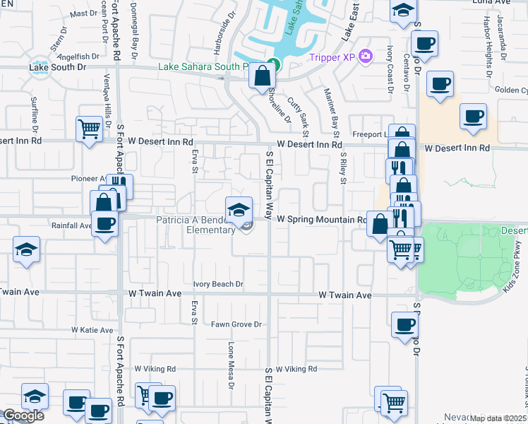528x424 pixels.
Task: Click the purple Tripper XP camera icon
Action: point(365,55)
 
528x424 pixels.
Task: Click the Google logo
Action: point(23,416)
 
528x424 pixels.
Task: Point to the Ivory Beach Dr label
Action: point(218,284)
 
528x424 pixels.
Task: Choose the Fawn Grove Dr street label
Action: point(236,324)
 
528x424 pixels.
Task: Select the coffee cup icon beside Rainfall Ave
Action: point(105,225)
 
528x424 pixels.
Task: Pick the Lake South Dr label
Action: point(58,67)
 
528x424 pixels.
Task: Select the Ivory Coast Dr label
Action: point(389,69)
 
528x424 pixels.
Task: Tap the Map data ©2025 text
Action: point(498,418)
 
